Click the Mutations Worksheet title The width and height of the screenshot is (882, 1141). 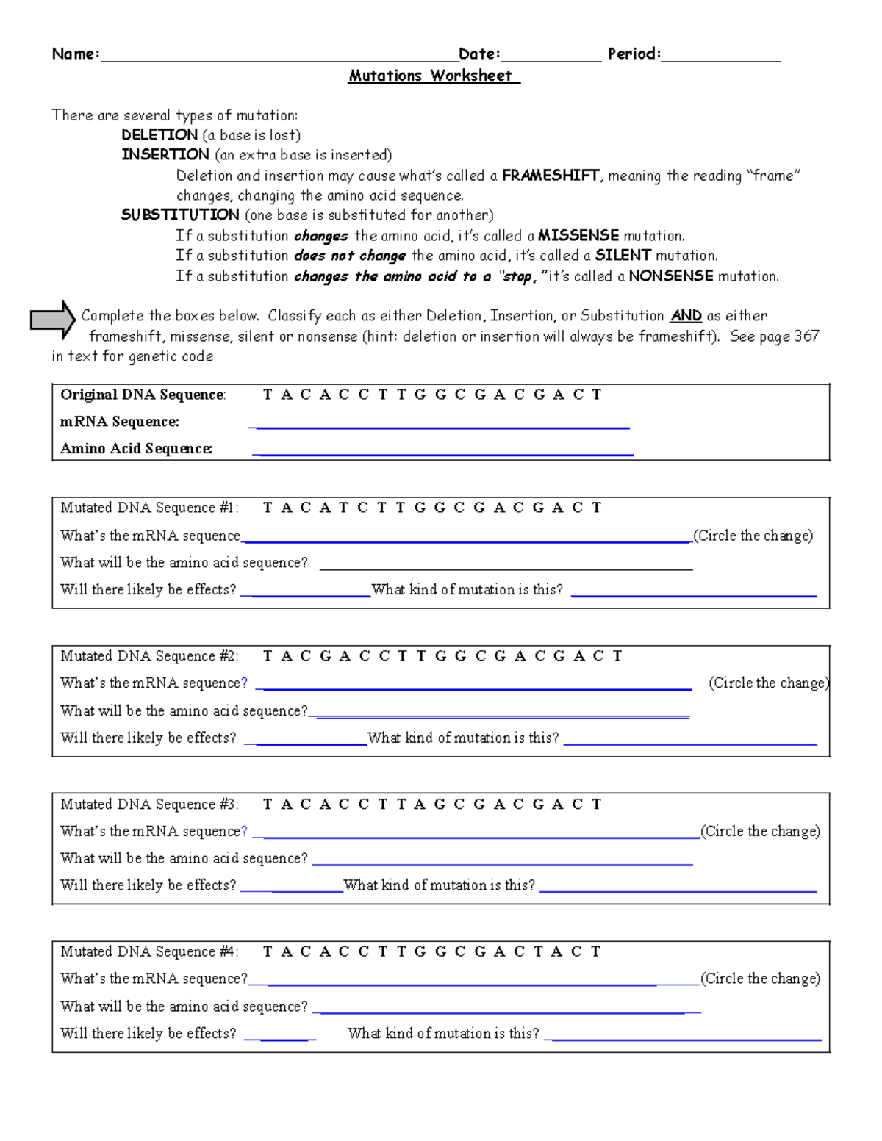tap(434, 76)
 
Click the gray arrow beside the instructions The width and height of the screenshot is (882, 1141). tap(52, 320)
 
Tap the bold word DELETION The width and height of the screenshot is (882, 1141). tap(159, 135)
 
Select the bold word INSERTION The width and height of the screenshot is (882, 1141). tap(165, 155)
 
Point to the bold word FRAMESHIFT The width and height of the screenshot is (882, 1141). tap(551, 176)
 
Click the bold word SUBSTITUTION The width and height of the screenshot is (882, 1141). tap(180, 215)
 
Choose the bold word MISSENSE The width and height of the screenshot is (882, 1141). tap(578, 236)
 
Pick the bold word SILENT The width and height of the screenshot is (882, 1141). tap(623, 256)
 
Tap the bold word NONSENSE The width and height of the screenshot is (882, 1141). tap(671, 276)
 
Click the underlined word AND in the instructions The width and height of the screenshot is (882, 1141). tap(686, 316)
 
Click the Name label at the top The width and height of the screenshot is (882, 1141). tap(75, 54)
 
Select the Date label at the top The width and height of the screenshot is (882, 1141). tap(479, 54)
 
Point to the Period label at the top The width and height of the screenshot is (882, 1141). tap(634, 54)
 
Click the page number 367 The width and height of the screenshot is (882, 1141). tap(806, 336)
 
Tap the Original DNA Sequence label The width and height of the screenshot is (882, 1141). tap(143, 395)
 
